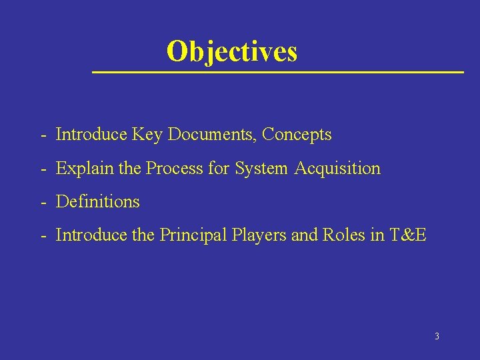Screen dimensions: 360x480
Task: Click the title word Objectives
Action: [x=231, y=51]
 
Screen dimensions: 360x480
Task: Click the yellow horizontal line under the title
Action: [x=277, y=71]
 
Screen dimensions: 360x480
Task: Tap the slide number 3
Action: [x=437, y=336]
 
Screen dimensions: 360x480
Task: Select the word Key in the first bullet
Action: [x=148, y=135]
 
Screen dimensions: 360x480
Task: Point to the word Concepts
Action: [x=297, y=135]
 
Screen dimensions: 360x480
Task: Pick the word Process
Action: [x=175, y=169]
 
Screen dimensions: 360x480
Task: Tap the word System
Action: [x=262, y=169]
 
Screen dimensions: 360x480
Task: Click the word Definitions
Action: [x=98, y=201]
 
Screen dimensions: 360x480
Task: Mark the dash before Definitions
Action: [x=43, y=202]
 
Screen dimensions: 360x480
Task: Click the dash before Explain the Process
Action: [x=43, y=169]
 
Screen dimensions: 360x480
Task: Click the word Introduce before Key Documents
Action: [x=91, y=135]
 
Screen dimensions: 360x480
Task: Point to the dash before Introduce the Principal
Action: [x=43, y=235]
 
